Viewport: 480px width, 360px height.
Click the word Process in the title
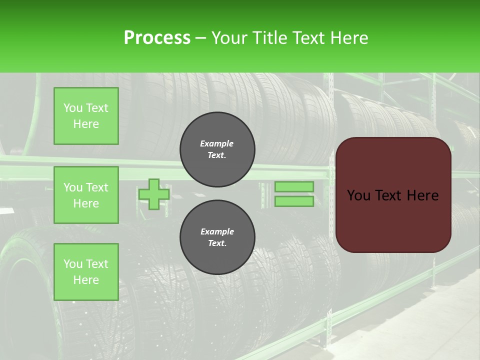(x=157, y=37)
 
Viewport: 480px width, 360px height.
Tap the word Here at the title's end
(x=348, y=38)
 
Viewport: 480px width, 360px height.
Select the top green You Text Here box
(x=86, y=116)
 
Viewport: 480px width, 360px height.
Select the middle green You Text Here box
(x=86, y=195)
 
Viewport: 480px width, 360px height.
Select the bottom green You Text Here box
(x=86, y=271)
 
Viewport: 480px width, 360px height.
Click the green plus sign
(x=154, y=194)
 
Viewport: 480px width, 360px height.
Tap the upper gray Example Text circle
(x=217, y=149)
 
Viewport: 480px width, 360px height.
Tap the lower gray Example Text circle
(x=217, y=237)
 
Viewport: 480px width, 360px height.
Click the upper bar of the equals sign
(x=294, y=186)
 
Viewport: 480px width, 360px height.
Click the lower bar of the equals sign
(x=294, y=201)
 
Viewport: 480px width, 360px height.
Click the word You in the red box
(x=358, y=195)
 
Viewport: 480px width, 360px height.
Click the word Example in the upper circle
(x=217, y=143)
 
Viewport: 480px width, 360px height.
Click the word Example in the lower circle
(x=217, y=231)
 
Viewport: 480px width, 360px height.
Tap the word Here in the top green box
(x=86, y=124)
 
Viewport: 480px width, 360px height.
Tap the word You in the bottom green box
(x=73, y=264)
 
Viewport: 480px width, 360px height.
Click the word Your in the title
(x=228, y=38)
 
